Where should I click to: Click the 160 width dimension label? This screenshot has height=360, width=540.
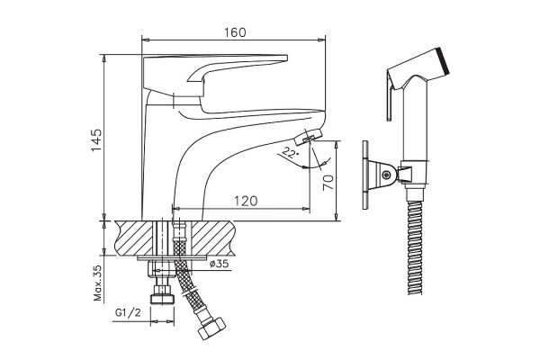tap(236, 32)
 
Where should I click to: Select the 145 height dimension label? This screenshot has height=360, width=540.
tap(96, 139)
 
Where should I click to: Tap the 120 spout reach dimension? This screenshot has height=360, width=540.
tap(246, 201)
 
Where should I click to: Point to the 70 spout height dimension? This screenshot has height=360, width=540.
tap(328, 182)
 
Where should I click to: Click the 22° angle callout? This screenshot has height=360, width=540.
tap(290, 152)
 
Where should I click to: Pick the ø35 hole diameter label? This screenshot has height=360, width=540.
tap(219, 264)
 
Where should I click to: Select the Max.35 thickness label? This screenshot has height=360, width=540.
tap(98, 283)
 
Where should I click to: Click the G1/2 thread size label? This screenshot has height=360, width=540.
tap(128, 312)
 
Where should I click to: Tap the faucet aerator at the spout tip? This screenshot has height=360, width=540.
tap(308, 137)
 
